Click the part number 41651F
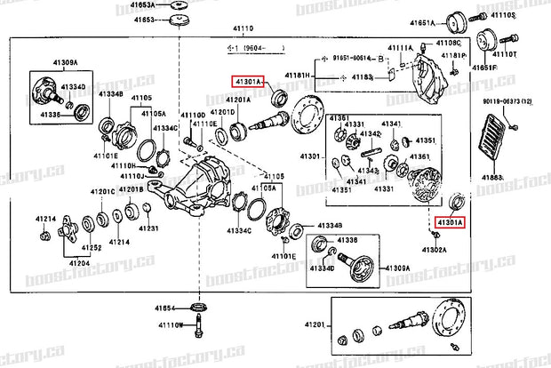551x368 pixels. click(484, 68)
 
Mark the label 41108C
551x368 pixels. click(448, 42)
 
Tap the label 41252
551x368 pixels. click(91, 248)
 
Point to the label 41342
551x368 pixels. click(371, 133)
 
